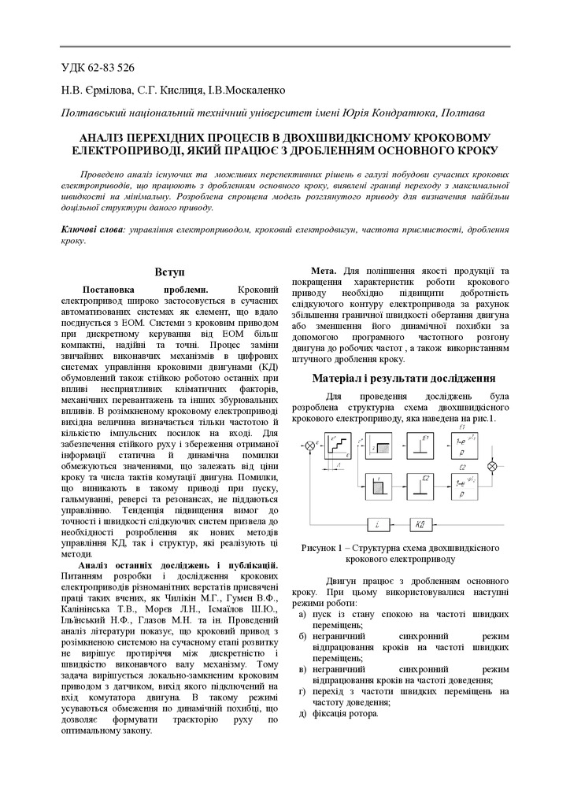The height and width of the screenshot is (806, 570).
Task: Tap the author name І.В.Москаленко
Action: (x=246, y=91)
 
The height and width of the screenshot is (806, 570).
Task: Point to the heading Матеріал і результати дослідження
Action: (x=402, y=378)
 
